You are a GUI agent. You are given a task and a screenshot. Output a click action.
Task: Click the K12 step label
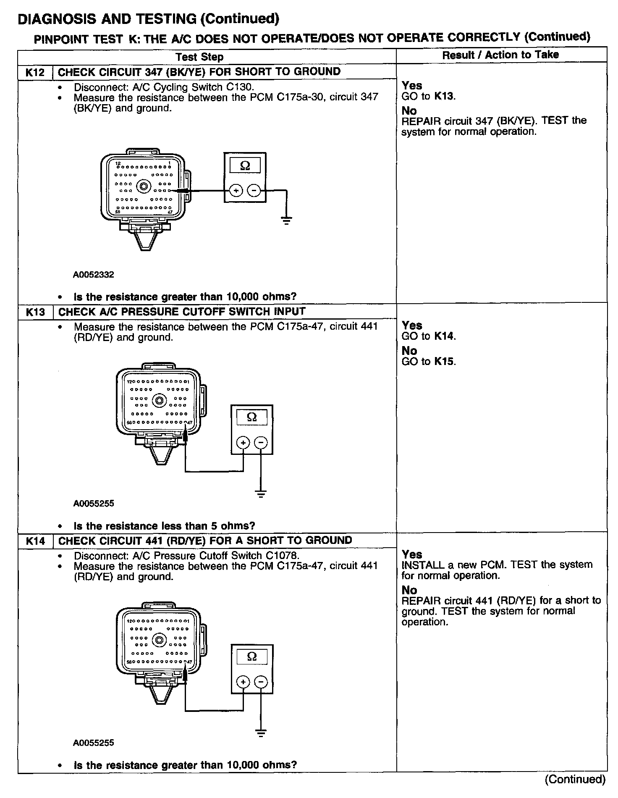pyautogui.click(x=35, y=72)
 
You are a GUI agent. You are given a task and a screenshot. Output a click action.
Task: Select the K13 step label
pyautogui.click(x=35, y=312)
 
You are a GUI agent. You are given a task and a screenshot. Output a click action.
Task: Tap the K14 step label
pyautogui.click(x=35, y=541)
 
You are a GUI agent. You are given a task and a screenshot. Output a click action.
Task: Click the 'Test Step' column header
pyautogui.click(x=199, y=57)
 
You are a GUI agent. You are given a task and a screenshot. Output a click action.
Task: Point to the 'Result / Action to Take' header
pyautogui.click(x=500, y=55)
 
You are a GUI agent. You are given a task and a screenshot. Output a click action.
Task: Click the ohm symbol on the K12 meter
pyautogui.click(x=245, y=166)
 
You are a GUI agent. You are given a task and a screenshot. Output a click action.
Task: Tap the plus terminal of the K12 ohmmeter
pyautogui.click(x=236, y=191)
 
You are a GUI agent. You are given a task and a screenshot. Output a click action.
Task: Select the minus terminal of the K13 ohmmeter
pyautogui.click(x=261, y=442)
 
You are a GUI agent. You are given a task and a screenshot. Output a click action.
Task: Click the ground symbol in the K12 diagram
pyautogui.click(x=286, y=220)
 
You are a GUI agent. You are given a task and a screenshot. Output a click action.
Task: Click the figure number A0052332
pyautogui.click(x=94, y=275)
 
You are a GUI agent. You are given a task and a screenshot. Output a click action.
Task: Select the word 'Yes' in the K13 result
pyautogui.click(x=412, y=325)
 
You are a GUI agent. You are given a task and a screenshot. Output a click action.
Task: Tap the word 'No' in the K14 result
pyautogui.click(x=409, y=590)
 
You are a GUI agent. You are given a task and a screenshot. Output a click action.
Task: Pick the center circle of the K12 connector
pyautogui.click(x=144, y=186)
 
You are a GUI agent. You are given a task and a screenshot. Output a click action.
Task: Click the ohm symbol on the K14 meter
pyautogui.click(x=252, y=656)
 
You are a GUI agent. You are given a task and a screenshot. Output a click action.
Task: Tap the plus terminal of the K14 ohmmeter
pyautogui.click(x=243, y=682)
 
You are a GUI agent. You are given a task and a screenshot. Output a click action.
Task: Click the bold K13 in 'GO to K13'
pyautogui.click(x=444, y=97)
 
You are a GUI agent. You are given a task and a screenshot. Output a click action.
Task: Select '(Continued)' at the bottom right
pyautogui.click(x=575, y=780)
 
